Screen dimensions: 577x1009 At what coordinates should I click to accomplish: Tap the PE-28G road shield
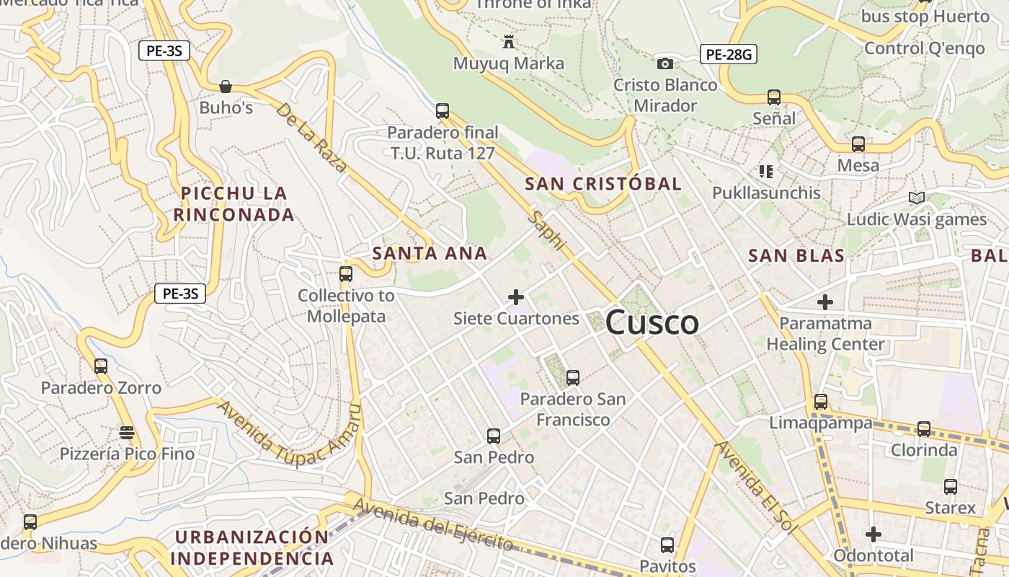(x=728, y=54)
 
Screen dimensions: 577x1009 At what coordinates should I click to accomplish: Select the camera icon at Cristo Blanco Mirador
(x=664, y=64)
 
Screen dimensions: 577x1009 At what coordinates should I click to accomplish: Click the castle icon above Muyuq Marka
(x=509, y=42)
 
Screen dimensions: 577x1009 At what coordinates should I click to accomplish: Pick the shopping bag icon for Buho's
(x=226, y=87)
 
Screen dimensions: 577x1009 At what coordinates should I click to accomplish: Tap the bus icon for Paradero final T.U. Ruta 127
(x=443, y=111)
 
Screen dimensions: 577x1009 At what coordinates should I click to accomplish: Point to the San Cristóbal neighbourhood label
(x=603, y=184)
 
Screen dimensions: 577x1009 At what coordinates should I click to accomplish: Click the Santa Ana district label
(x=430, y=254)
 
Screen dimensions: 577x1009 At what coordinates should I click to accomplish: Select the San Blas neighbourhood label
(x=796, y=256)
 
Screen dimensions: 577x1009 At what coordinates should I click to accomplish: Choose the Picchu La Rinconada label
(x=234, y=203)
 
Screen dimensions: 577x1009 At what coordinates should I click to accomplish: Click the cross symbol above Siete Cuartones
(x=516, y=296)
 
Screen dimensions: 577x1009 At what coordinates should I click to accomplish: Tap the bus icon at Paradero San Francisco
(x=573, y=377)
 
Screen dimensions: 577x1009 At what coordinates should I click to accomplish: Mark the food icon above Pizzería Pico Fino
(x=127, y=433)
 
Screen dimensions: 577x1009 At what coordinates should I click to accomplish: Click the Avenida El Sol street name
(x=755, y=488)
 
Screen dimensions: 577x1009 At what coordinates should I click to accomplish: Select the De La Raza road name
(x=311, y=138)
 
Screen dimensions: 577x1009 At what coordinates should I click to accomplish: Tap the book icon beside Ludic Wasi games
(x=916, y=198)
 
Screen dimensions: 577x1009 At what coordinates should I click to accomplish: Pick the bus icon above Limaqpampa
(x=820, y=402)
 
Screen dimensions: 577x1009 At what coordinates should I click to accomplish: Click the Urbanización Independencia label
(x=252, y=548)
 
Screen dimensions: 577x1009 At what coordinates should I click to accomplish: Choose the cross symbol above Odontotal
(x=874, y=534)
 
